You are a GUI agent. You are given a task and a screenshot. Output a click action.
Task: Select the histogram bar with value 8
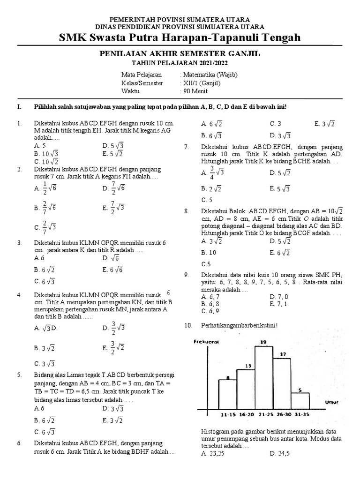point(227,394)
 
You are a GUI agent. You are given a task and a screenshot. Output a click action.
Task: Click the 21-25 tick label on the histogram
point(263,415)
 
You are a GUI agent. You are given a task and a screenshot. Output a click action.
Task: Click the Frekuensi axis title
point(206,342)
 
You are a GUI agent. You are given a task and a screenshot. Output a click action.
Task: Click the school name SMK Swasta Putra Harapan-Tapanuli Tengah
point(180,37)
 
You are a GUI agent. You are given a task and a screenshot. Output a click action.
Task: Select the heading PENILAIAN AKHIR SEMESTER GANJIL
point(180,54)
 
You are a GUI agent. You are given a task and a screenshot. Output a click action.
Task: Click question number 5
point(20,375)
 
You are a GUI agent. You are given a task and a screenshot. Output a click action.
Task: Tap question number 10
point(189,325)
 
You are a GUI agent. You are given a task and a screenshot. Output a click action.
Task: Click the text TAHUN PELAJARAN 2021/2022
point(180,63)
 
